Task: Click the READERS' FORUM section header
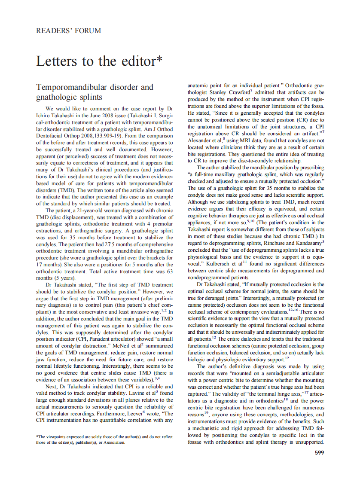pyautogui.click(x=69, y=31)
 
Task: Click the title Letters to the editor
pyautogui.click(x=99, y=61)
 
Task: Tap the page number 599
pyautogui.click(x=319, y=452)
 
